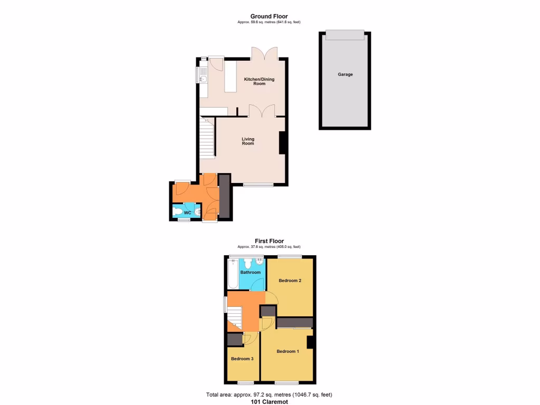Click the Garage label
(x=345, y=74)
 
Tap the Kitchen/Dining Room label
(x=259, y=81)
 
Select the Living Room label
(x=248, y=141)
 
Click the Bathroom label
(x=250, y=272)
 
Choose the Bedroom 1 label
(x=288, y=351)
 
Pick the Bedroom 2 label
(x=290, y=281)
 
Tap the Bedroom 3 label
(x=242, y=359)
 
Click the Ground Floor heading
(x=269, y=16)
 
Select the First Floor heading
(x=269, y=241)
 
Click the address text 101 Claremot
(x=269, y=402)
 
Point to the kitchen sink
(x=202, y=78)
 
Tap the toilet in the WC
(x=180, y=212)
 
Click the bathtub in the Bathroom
(x=233, y=274)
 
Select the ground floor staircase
(x=207, y=139)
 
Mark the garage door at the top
(x=345, y=35)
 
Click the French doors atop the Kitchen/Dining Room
(x=264, y=53)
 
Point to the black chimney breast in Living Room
(x=283, y=142)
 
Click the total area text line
(x=269, y=394)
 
